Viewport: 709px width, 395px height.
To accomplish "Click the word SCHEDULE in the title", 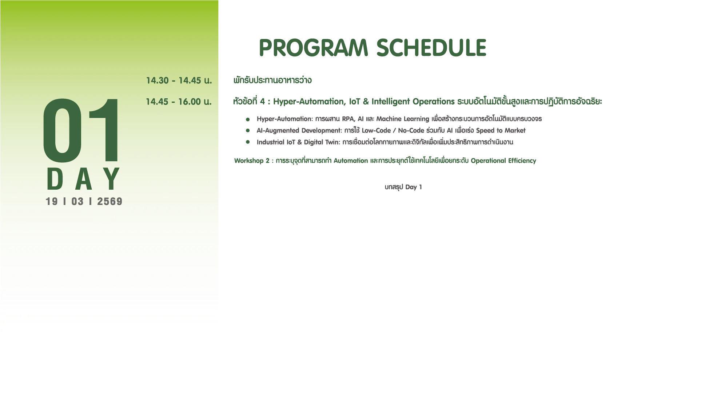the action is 431,48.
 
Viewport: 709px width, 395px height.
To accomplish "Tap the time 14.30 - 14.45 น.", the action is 179,80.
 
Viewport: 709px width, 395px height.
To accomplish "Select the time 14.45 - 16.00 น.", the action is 179,102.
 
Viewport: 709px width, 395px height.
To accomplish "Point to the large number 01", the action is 81,130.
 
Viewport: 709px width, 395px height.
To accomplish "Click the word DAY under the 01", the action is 83,179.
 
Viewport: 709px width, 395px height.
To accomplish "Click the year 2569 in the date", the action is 109,202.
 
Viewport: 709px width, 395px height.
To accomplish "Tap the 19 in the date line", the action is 52,202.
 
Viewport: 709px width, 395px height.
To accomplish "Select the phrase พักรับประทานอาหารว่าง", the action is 272,80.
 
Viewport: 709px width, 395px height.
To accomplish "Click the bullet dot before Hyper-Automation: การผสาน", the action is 248,119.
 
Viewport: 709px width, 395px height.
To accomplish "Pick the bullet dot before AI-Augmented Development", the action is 248,130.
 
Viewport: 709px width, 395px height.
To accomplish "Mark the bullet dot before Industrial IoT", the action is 248,142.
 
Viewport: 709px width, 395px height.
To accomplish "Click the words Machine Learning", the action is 403,119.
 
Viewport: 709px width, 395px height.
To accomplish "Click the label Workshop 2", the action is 252,161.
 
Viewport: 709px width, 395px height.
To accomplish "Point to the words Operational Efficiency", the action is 503,161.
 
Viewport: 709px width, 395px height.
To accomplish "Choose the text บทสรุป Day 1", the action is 403,187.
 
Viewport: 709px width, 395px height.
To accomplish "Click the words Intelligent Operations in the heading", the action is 413,102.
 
